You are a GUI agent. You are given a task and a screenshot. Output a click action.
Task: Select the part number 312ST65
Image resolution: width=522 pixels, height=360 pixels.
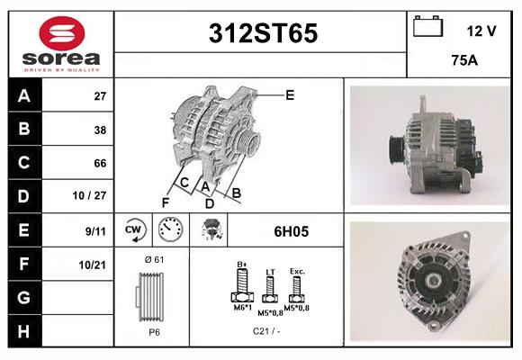click(263, 34)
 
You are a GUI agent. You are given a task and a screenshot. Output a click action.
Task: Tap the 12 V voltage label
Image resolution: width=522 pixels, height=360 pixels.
click(481, 31)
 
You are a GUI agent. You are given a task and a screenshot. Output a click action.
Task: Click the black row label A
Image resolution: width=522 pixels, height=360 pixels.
click(23, 96)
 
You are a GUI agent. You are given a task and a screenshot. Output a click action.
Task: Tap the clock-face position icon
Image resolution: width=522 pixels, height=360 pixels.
click(171, 230)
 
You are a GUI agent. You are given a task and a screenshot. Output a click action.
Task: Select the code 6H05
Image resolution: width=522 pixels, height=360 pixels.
click(291, 231)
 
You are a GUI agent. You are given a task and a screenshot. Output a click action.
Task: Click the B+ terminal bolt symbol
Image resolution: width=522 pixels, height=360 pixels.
click(241, 288)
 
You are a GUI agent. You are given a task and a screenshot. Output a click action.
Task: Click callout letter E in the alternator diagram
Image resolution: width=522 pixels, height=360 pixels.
click(290, 94)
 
